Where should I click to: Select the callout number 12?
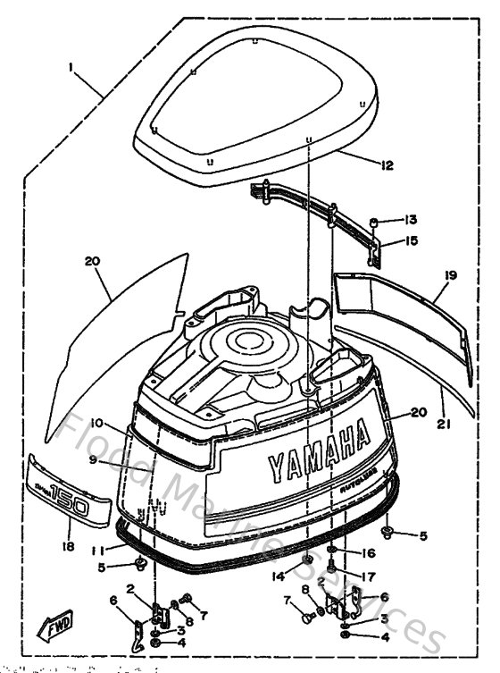386,164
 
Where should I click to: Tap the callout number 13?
411,220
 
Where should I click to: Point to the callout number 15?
411,240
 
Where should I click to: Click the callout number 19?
450,276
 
